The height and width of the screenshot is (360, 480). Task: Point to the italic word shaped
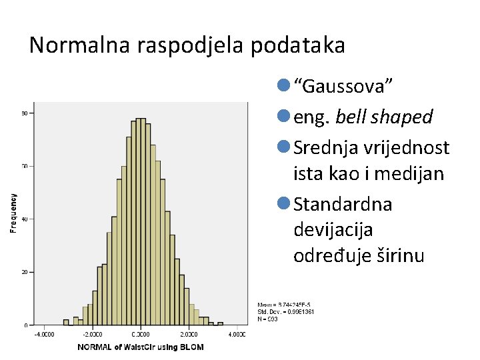pos(403,117)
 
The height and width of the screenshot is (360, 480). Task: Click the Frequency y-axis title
pos(13,213)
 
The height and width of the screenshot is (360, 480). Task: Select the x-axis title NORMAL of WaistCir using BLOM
pos(141,347)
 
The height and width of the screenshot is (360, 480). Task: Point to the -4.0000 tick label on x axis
pos(45,334)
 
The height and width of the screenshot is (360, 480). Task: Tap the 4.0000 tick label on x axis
pos(236,334)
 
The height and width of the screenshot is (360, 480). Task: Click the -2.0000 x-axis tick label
pos(93,334)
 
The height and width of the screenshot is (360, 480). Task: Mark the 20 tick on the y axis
pos(23,273)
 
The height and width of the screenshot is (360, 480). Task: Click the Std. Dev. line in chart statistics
pos(286,311)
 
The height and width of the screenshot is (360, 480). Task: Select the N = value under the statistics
pos(267,319)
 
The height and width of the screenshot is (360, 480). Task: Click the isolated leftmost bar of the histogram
pos(66,322)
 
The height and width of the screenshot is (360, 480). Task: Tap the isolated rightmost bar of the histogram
pos(220,323)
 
